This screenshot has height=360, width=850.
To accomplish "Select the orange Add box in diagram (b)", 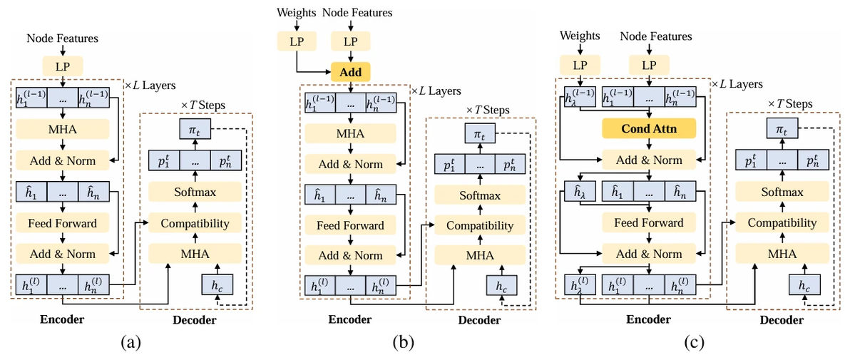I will pyautogui.click(x=350, y=72).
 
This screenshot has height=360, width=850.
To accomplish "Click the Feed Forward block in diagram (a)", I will pyautogui.click(x=63, y=223).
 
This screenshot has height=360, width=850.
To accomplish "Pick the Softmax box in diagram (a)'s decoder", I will pyautogui.click(x=195, y=192).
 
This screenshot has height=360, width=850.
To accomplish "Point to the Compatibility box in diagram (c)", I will pyautogui.click(x=781, y=223).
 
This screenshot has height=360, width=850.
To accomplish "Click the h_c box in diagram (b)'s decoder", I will pyautogui.click(x=501, y=286).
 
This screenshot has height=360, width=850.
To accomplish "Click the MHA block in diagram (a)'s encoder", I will pyautogui.click(x=63, y=130).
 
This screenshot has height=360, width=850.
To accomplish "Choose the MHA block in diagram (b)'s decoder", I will pyautogui.click(x=479, y=255).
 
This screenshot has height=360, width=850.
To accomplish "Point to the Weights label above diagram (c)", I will pyautogui.click(x=580, y=36).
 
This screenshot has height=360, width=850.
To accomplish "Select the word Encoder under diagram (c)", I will pyautogui.click(x=647, y=319).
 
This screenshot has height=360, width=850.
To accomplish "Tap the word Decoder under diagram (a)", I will pyautogui.click(x=195, y=320).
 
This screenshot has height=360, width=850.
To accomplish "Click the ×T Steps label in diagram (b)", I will pyautogui.click(x=488, y=109).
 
